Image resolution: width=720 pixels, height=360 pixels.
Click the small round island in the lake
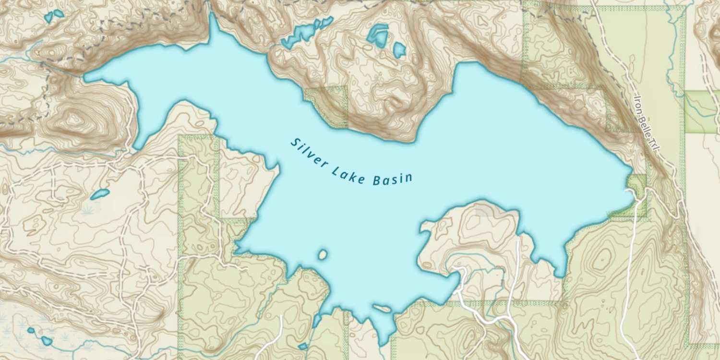pos(323,254)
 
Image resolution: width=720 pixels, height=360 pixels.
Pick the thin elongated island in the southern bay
pos(382,308)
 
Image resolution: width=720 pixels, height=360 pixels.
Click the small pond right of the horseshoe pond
pos(399,49)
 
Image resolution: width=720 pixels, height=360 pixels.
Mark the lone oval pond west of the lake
pos(99,194)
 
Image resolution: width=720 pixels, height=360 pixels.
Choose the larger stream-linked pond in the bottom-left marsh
pos(46,341)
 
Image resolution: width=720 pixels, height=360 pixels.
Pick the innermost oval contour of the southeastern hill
pos(601,259)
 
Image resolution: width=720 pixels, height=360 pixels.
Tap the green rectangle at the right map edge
pos(702,111)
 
